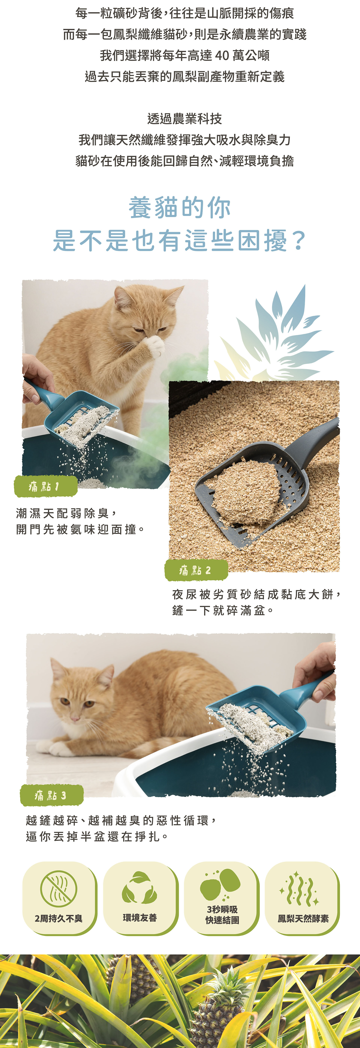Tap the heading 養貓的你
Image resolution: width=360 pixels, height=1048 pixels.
(180, 208)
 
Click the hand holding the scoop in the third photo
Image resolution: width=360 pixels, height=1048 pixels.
(317, 667)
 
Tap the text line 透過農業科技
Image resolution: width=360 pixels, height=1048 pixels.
(184, 119)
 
